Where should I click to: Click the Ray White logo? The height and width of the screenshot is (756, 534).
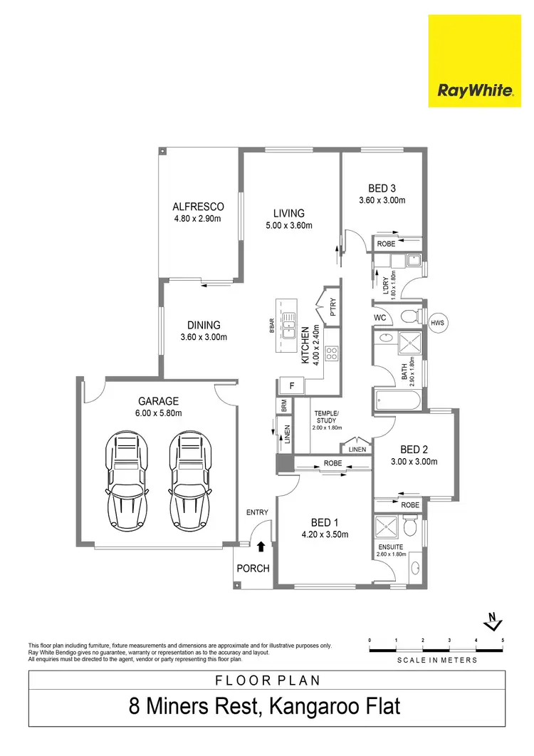click(476, 91)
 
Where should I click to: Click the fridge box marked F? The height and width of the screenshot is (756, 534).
click(291, 386)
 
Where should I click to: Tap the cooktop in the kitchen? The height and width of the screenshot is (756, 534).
click(331, 352)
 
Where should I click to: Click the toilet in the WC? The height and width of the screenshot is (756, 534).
click(409, 316)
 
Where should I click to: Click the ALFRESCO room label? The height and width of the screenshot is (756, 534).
click(198, 207)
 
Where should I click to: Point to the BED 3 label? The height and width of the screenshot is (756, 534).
click(382, 188)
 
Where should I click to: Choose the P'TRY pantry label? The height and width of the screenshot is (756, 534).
click(333, 307)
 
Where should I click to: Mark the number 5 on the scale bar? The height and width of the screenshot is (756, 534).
click(503, 641)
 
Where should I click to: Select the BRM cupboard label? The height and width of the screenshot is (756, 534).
click(284, 405)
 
